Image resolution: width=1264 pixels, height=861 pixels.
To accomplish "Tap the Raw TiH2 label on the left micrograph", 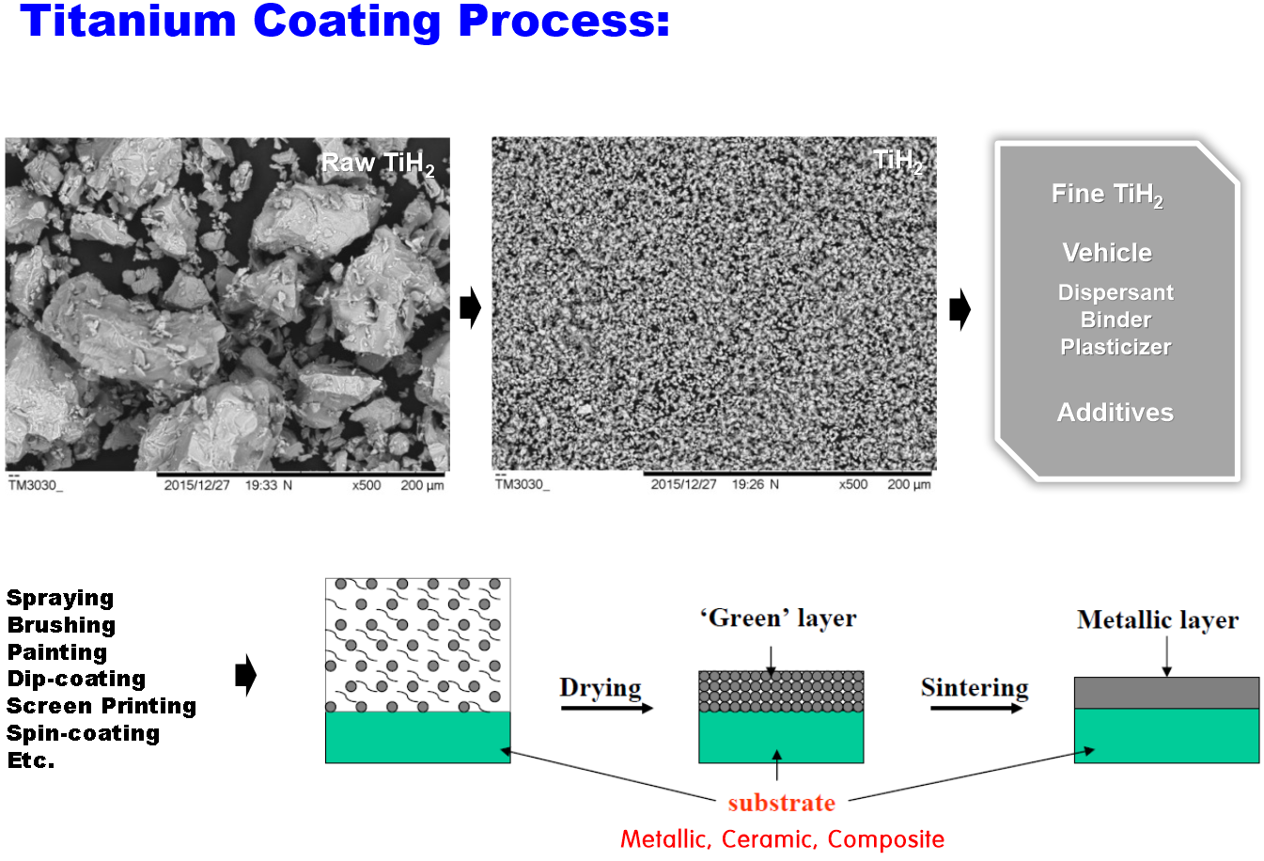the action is pyautogui.click(x=378, y=164).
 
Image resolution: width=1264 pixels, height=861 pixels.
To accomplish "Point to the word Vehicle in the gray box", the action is pyautogui.click(x=1107, y=253).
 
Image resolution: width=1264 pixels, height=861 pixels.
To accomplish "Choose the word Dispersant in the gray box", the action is pyautogui.click(x=1116, y=292).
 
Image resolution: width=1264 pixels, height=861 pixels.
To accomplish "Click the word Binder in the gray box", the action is pyautogui.click(x=1116, y=320).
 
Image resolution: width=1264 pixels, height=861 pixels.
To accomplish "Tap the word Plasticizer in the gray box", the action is pyautogui.click(x=1116, y=347).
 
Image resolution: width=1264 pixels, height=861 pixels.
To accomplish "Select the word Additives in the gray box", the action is pyautogui.click(x=1115, y=413).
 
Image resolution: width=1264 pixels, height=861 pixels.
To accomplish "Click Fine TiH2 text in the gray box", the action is pyautogui.click(x=1107, y=196).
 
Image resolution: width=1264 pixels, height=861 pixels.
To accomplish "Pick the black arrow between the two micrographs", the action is pyautogui.click(x=470, y=307).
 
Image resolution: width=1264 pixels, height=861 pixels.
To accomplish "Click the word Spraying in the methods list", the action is pyautogui.click(x=60, y=599).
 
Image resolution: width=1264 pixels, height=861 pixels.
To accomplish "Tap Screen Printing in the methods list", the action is pyautogui.click(x=101, y=706).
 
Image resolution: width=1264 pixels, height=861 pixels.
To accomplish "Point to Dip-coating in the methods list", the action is pyautogui.click(x=77, y=679).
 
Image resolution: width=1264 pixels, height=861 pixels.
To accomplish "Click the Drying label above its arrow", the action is pyautogui.click(x=601, y=688).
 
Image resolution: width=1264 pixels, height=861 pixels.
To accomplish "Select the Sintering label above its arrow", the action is pyautogui.click(x=975, y=688).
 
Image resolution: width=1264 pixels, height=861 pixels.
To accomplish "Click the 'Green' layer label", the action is pyautogui.click(x=779, y=618).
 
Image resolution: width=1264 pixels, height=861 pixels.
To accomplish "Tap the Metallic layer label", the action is pyautogui.click(x=1158, y=620).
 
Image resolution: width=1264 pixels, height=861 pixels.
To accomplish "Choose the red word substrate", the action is pyautogui.click(x=782, y=803).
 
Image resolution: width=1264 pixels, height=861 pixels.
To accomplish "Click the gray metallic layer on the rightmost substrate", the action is pyautogui.click(x=1166, y=693).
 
